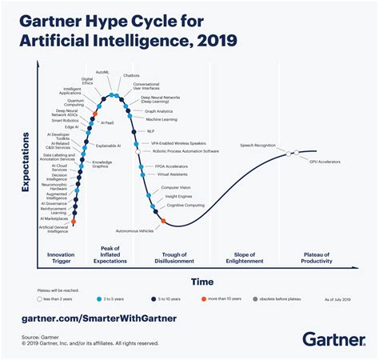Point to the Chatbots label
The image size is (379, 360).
pyautogui.click(x=132, y=76)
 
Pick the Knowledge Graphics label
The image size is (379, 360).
pyautogui.click(x=102, y=165)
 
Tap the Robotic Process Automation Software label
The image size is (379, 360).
pyautogui.click(x=185, y=150)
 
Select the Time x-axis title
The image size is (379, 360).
pyautogui.click(x=201, y=281)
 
